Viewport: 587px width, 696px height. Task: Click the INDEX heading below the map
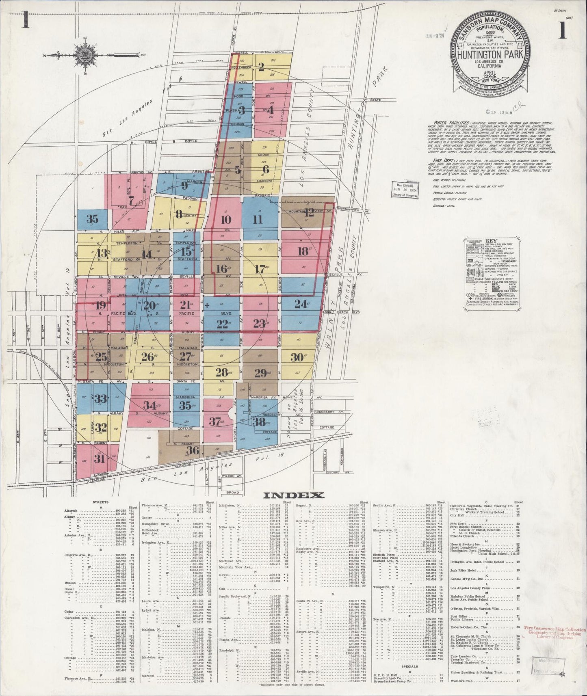(294, 495)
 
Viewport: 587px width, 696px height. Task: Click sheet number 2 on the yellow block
(262, 67)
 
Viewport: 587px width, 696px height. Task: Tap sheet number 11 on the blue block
(258, 220)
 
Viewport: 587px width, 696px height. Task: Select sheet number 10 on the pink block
(226, 220)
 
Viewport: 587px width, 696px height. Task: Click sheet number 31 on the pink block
(99, 459)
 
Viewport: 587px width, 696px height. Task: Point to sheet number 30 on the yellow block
(297, 357)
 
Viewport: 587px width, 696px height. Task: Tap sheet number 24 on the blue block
(301, 304)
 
